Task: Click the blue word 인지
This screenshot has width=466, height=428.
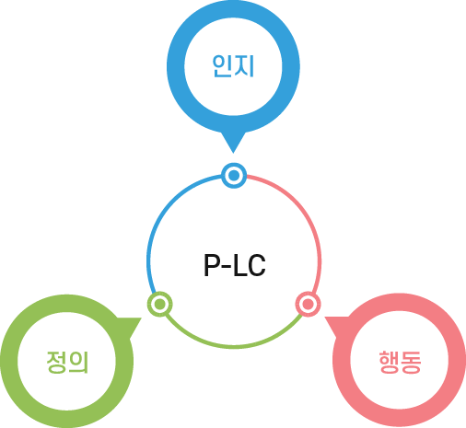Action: click(233, 66)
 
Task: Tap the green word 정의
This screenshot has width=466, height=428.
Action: click(67, 362)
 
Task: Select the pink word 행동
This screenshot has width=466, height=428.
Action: click(400, 362)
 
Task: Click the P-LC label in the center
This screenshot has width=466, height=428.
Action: click(235, 265)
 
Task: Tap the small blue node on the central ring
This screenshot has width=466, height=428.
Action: click(234, 176)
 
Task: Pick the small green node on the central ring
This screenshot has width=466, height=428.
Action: click(159, 304)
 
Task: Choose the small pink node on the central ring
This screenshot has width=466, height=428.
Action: click(309, 304)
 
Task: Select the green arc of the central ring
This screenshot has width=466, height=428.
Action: click(234, 347)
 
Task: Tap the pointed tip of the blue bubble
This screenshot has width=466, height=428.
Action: click(233, 153)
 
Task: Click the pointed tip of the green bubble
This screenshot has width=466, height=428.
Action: click(141, 318)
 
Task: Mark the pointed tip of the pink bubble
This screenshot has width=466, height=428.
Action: click(325, 318)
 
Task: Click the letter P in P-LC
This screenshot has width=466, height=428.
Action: click(213, 265)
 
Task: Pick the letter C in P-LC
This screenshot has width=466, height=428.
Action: click(257, 265)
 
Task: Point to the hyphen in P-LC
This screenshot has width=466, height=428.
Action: click(227, 266)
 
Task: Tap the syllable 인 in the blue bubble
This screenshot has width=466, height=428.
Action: click(222, 66)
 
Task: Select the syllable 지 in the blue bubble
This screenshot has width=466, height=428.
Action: click(245, 66)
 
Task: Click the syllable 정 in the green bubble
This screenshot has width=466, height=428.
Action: click(56, 362)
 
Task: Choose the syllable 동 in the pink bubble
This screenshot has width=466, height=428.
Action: click(411, 362)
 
